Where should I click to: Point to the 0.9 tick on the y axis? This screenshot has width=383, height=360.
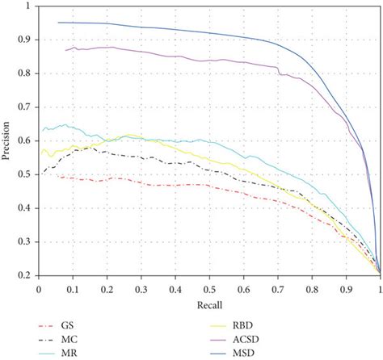[27, 40]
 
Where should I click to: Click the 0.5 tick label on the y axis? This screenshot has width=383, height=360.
[27, 174]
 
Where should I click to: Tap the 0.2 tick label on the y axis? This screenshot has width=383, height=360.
[27, 276]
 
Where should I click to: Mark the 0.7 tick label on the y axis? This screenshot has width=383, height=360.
[27, 107]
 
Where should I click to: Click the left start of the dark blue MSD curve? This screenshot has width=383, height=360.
[58, 23]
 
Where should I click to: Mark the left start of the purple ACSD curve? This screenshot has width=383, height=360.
[65, 50]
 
